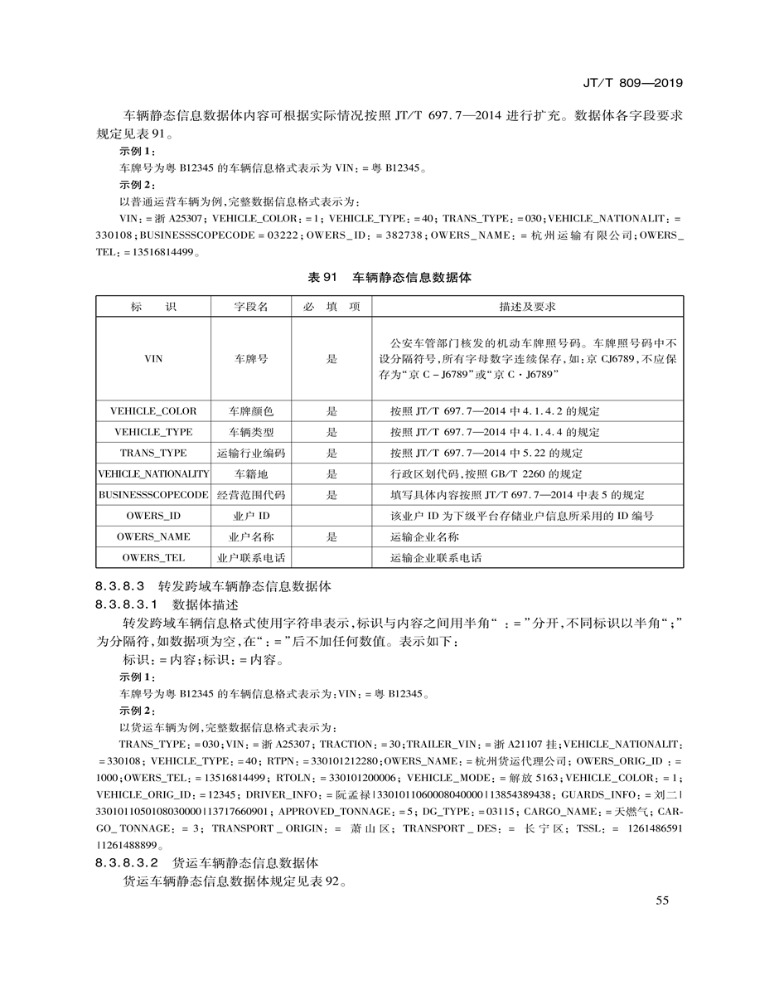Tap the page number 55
[x=661, y=901]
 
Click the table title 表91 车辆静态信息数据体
[x=389, y=278]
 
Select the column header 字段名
[x=251, y=307]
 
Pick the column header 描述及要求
[x=527, y=307]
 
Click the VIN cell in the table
[x=153, y=359]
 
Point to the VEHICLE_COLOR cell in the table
[x=153, y=411]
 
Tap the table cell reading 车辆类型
[x=251, y=432]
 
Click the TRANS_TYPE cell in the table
[x=153, y=454]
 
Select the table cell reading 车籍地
[x=251, y=474]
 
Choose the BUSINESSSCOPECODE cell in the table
[x=153, y=495]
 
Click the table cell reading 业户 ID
[x=251, y=516]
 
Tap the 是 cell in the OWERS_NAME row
[x=331, y=537]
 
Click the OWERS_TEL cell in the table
[x=153, y=558]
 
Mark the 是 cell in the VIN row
[x=331, y=359]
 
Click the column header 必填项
[x=331, y=307]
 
